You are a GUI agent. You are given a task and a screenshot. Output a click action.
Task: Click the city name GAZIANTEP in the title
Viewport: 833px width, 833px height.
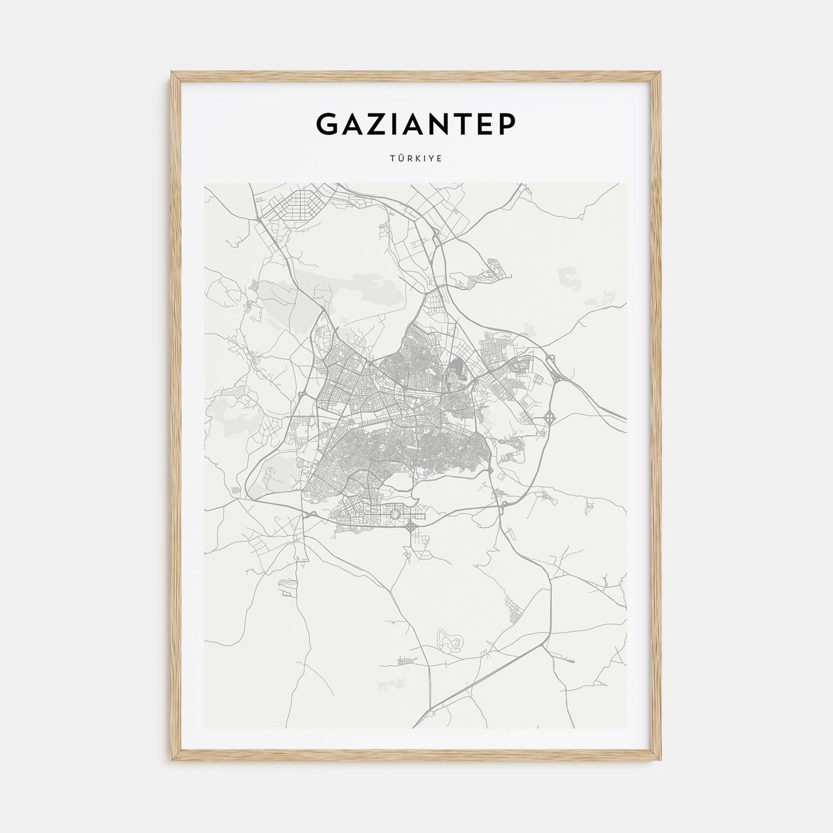click(416, 123)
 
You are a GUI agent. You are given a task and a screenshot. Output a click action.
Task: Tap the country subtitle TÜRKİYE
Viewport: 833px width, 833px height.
click(416, 159)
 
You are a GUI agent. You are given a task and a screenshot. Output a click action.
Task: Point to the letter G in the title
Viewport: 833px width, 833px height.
click(328, 123)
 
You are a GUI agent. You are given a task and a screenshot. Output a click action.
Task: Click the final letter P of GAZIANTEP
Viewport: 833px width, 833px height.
click(507, 123)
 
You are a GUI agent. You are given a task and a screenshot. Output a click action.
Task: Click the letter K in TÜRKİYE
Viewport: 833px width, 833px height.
click(418, 159)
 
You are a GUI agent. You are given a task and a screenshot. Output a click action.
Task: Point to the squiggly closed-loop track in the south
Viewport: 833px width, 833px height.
click(450, 640)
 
